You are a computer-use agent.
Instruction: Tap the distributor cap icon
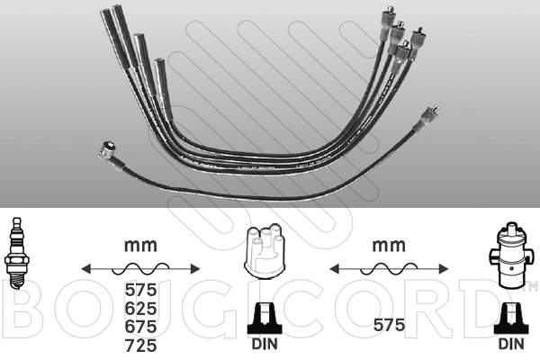pos(264,251)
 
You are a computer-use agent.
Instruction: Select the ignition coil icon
pos(509,256)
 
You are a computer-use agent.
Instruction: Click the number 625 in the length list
pos(141,309)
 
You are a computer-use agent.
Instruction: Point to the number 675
pos(141,326)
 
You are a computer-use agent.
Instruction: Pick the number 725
pos(141,346)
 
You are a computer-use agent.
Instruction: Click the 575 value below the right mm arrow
pos(389,325)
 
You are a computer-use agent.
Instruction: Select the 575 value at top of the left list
pos(141,290)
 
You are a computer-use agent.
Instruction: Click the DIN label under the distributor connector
pos(265,344)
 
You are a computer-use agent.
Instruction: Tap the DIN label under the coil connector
pos(511,344)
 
